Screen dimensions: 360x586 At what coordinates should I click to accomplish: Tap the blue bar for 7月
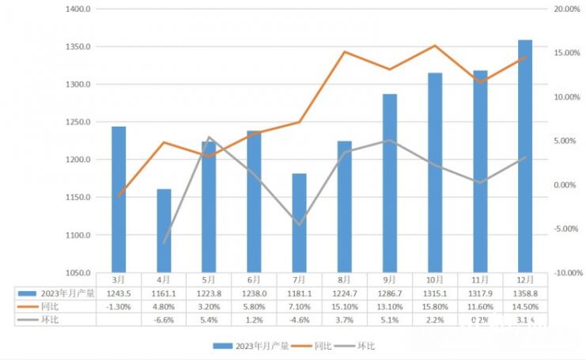pyautogui.click(x=300, y=222)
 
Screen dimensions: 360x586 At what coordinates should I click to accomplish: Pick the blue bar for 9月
pyautogui.click(x=390, y=183)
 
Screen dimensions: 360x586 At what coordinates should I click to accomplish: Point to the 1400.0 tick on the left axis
pyautogui.click(x=79, y=9)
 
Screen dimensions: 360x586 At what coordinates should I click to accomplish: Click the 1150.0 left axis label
pyautogui.click(x=79, y=198)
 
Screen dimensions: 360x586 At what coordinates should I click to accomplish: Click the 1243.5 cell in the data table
pyautogui.click(x=119, y=293)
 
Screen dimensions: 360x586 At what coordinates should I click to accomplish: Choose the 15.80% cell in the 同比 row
pyautogui.click(x=435, y=306)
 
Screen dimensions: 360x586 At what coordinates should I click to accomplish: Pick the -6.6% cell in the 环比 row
pyautogui.click(x=164, y=320)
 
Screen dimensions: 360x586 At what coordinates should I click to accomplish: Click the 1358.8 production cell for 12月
pyautogui.click(x=525, y=293)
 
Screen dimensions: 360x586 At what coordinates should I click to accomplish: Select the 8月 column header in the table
pyautogui.click(x=345, y=279)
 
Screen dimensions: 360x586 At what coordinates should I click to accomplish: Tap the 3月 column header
pyautogui.click(x=119, y=279)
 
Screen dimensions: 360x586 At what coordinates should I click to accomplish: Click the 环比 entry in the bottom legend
pyautogui.click(x=366, y=345)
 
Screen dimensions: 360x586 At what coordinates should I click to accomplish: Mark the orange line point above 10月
pyautogui.click(x=435, y=46)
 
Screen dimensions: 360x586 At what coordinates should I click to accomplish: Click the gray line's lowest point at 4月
pyautogui.click(x=164, y=243)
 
